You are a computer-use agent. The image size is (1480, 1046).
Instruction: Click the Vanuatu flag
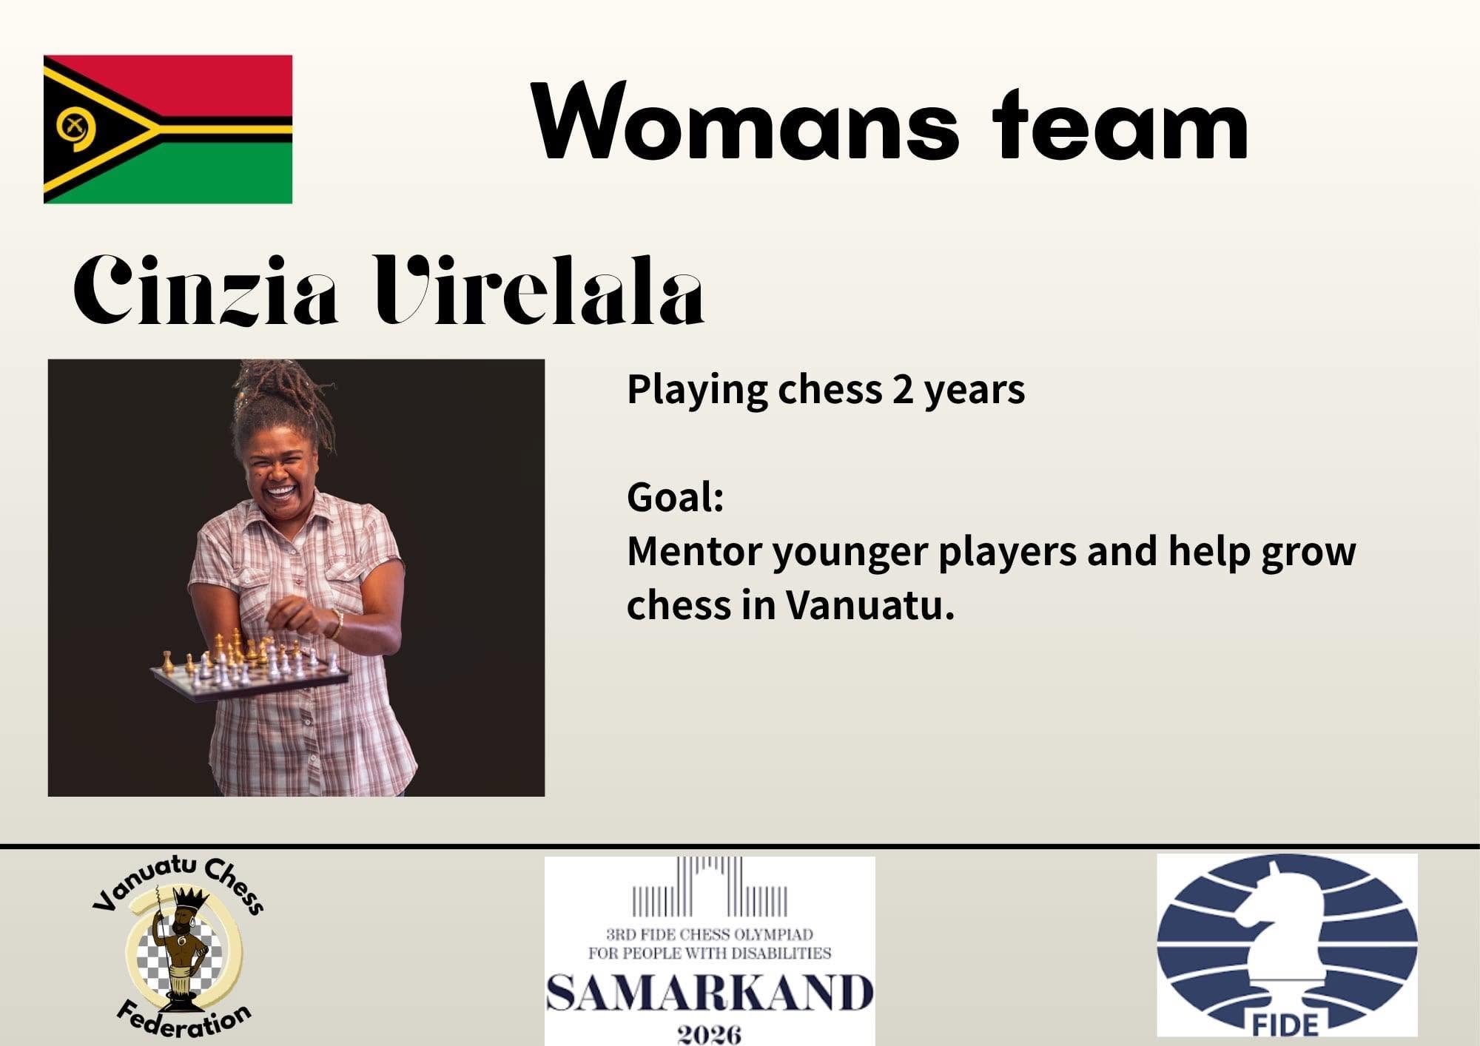pos(168,129)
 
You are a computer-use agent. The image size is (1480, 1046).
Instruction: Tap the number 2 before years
pos(903,390)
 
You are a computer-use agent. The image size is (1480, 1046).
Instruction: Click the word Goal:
pos(675,497)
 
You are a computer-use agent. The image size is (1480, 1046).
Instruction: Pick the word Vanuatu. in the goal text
pos(869,605)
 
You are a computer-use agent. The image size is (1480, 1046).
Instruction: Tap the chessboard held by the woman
pos(250,666)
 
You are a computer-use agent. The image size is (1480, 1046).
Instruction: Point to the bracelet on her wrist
pos(337,624)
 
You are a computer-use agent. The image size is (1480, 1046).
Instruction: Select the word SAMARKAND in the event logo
pos(710,993)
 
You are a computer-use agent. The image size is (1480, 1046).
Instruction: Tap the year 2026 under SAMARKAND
pos(710,1032)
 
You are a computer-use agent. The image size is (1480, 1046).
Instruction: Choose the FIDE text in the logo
pos(1286,1025)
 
